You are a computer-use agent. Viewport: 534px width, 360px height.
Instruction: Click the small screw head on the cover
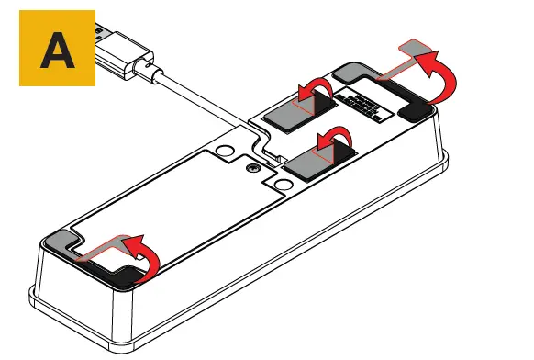[x=250, y=169]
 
